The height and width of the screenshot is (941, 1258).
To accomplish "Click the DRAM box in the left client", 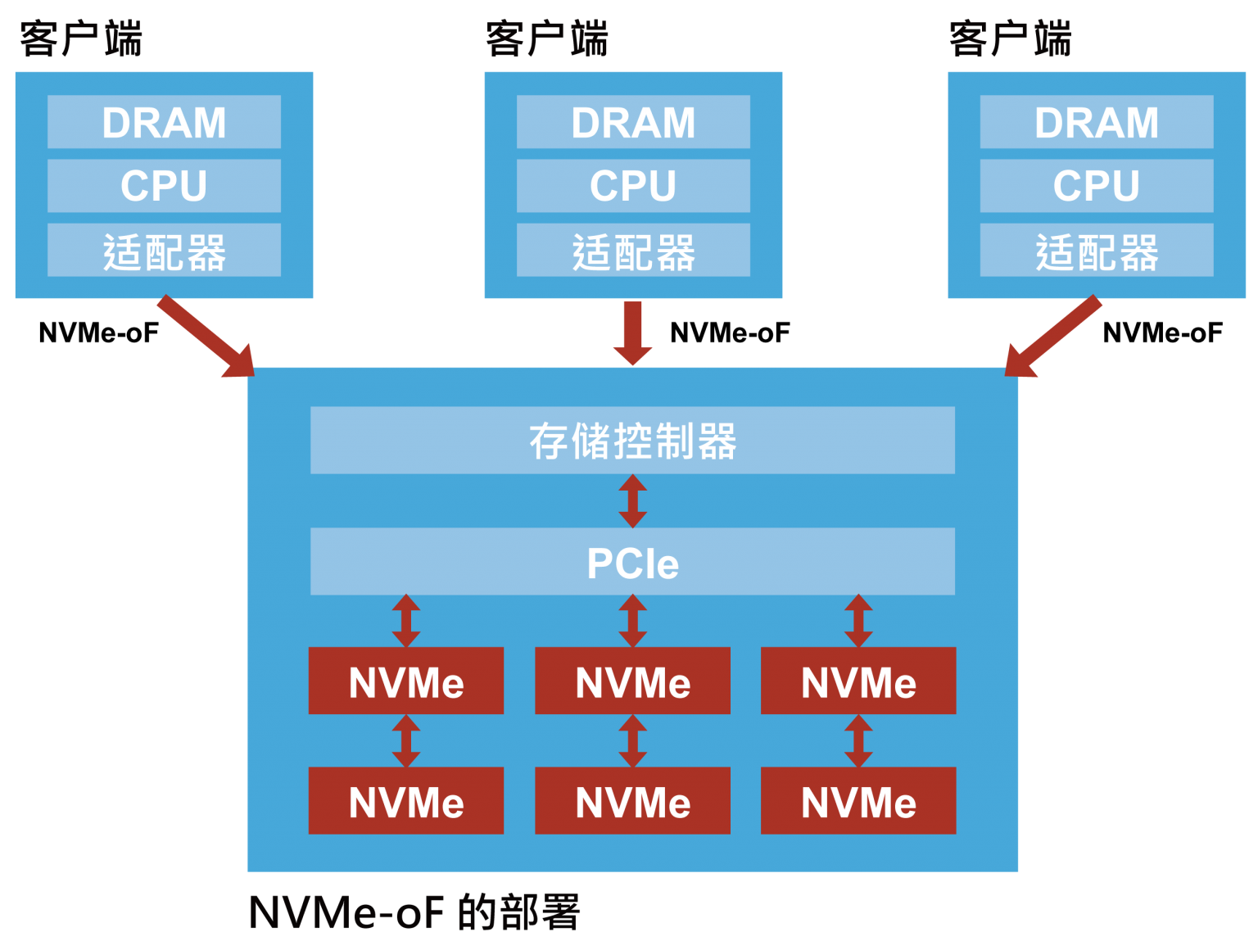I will click(164, 122).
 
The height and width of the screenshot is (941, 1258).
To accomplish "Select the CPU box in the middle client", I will click(633, 186).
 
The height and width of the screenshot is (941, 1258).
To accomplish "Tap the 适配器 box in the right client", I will click(1097, 251).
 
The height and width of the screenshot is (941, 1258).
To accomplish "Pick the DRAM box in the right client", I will click(1097, 122).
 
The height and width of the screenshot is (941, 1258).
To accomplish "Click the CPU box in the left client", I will click(164, 186).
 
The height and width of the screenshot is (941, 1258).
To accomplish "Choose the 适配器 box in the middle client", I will click(633, 251).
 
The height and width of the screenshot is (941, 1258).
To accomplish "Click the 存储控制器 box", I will click(632, 441).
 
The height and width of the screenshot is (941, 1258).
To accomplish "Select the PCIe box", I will click(632, 562).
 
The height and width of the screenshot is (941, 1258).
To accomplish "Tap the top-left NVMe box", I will click(406, 681).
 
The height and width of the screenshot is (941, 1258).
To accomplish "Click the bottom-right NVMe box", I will click(858, 801).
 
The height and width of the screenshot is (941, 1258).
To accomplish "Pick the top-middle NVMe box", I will click(632, 681).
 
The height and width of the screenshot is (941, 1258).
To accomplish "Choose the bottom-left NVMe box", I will click(406, 801).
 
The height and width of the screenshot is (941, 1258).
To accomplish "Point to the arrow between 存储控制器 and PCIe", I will click(632, 501).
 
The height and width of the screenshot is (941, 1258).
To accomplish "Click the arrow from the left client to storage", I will click(205, 337).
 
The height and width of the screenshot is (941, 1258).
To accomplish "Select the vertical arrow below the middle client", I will click(632, 333).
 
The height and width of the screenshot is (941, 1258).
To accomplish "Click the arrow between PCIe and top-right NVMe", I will click(858, 621).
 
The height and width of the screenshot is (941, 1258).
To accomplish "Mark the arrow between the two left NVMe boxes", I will click(406, 740).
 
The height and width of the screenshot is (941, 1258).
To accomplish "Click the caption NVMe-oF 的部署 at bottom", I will click(414, 912).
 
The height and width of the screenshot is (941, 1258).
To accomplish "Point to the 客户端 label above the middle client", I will click(546, 38).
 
